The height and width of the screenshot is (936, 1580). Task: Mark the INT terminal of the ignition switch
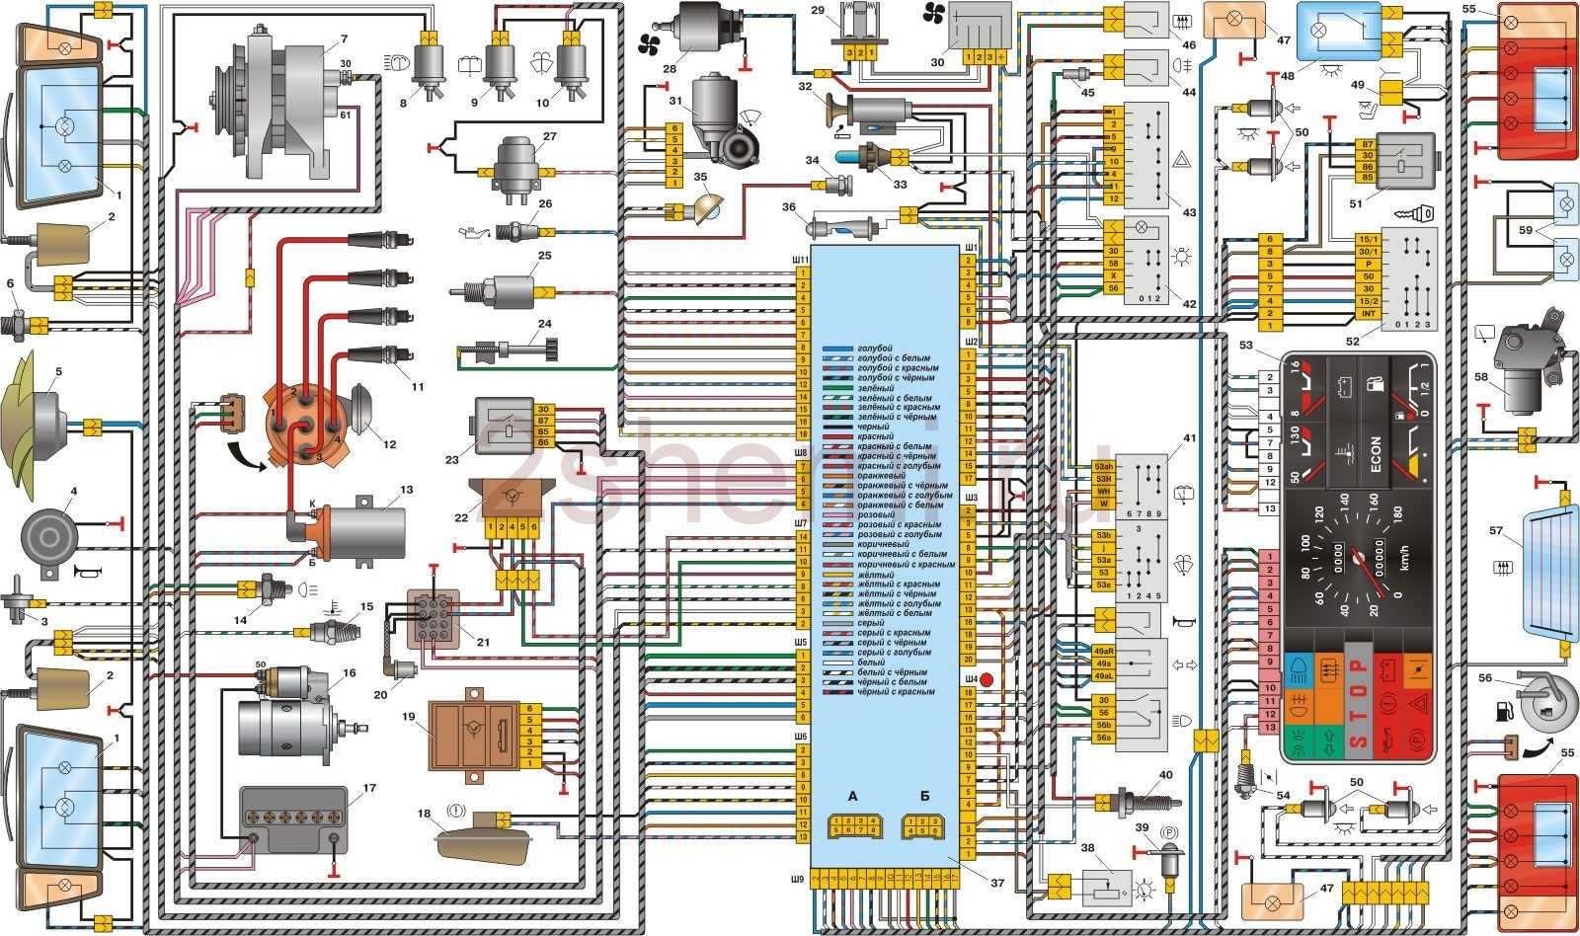pyautogui.click(x=1368, y=314)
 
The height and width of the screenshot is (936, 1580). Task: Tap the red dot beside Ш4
pyautogui.click(x=986, y=680)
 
